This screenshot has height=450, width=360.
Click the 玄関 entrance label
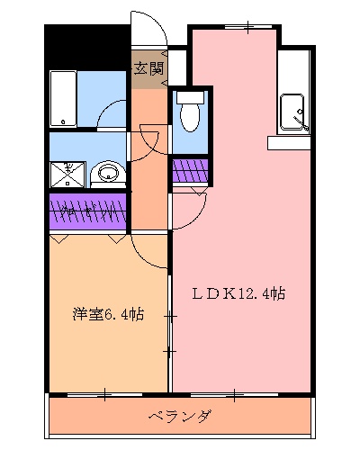point(149,68)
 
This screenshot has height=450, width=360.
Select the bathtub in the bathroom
point(63,100)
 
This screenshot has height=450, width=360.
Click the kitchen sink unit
point(294,112)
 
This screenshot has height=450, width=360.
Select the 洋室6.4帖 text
point(108,315)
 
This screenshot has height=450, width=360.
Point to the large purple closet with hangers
point(88,212)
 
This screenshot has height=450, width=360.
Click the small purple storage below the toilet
point(190,170)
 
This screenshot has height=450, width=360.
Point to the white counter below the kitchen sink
point(288,142)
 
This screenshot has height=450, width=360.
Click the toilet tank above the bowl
point(190,96)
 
